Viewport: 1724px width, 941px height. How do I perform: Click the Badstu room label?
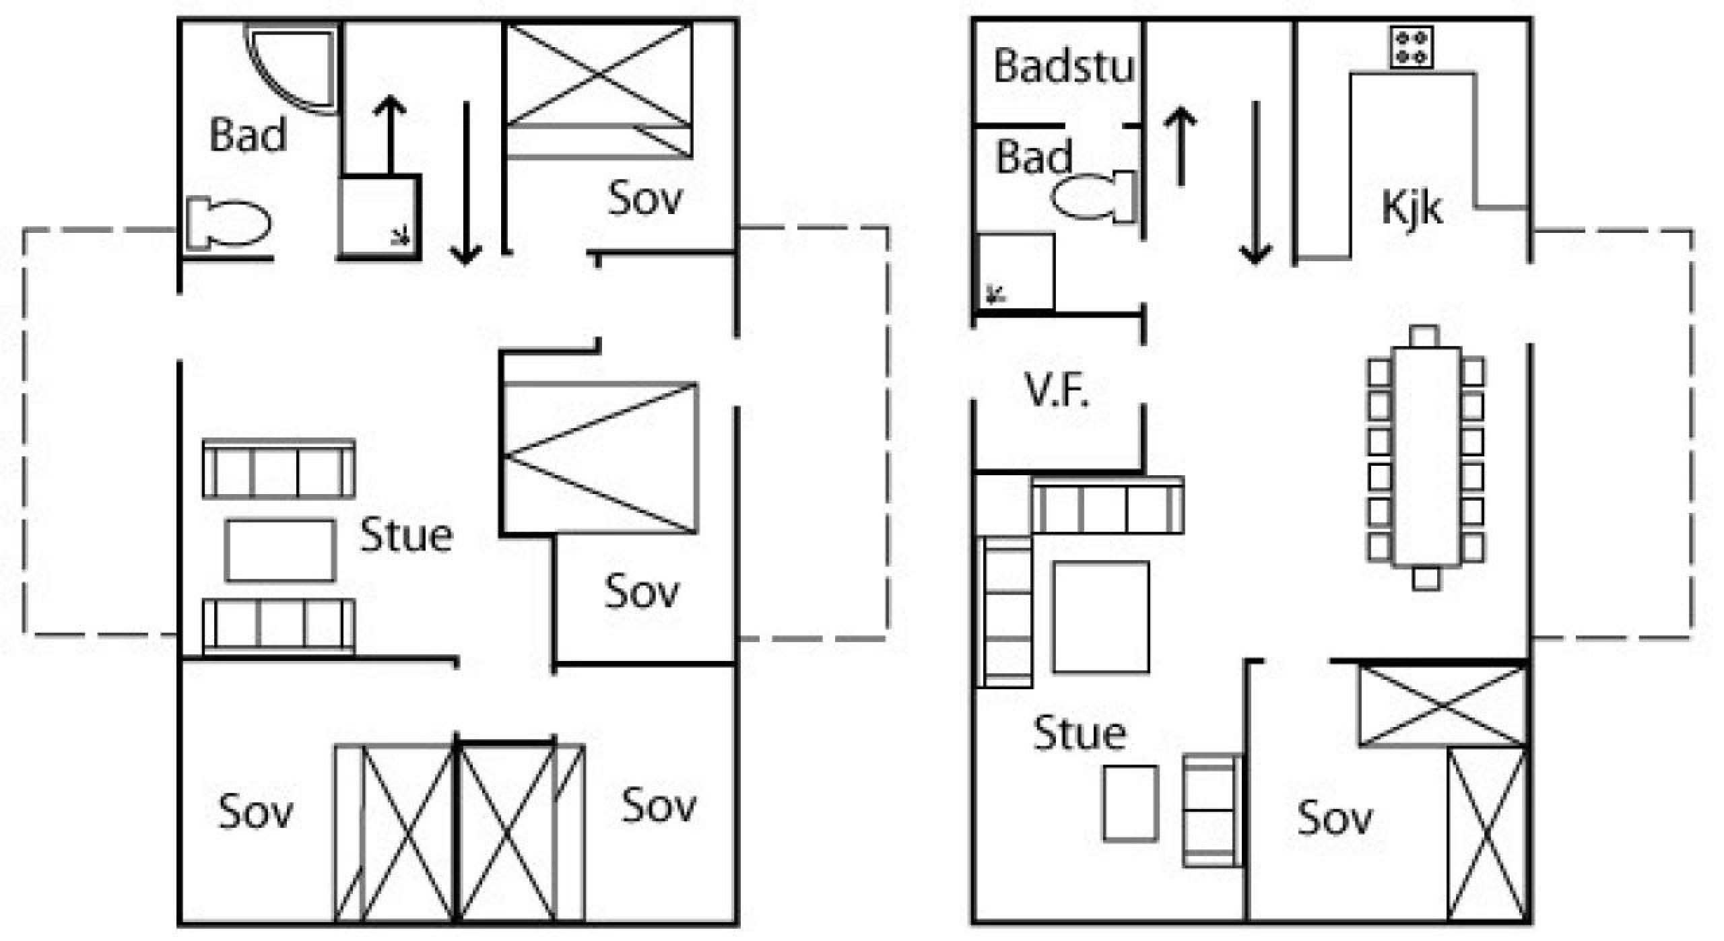(x=1064, y=66)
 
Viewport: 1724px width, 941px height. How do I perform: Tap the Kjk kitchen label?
(x=1412, y=207)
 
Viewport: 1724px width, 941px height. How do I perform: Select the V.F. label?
(x=1057, y=391)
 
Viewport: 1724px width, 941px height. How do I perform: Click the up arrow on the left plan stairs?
(x=390, y=133)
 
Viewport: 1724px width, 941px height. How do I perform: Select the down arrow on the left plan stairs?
(x=466, y=182)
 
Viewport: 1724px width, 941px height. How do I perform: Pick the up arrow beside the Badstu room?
(x=1181, y=146)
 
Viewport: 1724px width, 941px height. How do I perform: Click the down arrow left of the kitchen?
(x=1255, y=182)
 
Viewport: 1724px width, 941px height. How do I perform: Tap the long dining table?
(x=1426, y=457)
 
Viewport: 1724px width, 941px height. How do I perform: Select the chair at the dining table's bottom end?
(x=1426, y=579)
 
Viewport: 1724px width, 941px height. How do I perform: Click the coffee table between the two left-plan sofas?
(x=279, y=549)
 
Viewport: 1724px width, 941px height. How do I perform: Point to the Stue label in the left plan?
(x=406, y=536)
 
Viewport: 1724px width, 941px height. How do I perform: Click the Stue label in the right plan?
(x=1080, y=733)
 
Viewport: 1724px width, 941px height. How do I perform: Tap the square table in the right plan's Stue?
(x=1101, y=617)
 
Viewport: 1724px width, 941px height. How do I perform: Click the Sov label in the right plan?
(x=1334, y=818)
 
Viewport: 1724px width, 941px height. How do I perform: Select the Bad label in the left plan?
(x=248, y=135)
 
